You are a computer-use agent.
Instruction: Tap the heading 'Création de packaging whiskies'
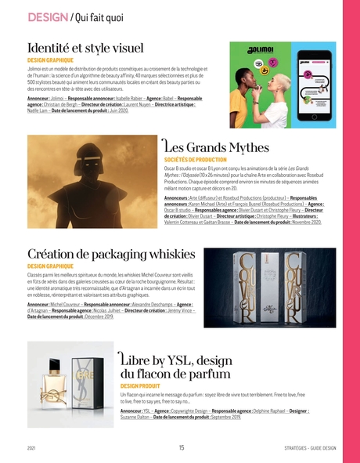point(110,255)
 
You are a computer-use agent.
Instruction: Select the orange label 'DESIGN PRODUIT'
point(140,386)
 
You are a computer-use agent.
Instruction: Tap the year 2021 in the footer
point(31,448)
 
